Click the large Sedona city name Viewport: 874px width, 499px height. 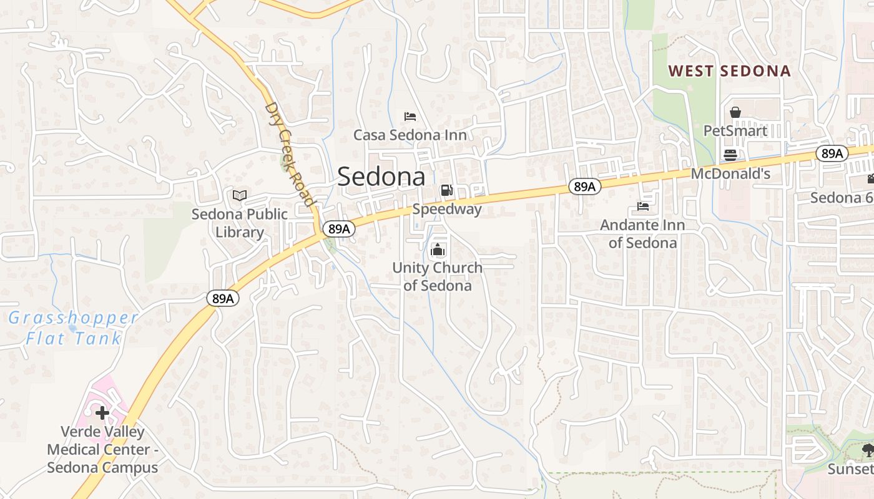pyautogui.click(x=381, y=177)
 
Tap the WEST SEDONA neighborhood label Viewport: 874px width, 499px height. pyautogui.click(x=729, y=71)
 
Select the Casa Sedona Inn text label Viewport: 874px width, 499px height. pyautogui.click(x=410, y=135)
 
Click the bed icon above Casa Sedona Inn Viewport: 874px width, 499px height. pyautogui.click(x=410, y=116)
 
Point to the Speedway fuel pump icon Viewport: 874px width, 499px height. pyautogui.click(x=446, y=190)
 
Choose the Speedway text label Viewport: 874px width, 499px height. pyautogui.click(x=447, y=209)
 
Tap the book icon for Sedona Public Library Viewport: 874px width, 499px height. pyautogui.click(x=240, y=196)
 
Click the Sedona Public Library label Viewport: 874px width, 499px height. pyautogui.click(x=240, y=223)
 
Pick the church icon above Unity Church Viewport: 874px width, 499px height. pyautogui.click(x=438, y=250)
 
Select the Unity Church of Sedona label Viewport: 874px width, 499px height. pyautogui.click(x=438, y=276)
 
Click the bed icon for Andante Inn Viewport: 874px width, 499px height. pyautogui.click(x=643, y=206)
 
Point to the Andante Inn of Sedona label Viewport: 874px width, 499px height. pyautogui.click(x=642, y=234)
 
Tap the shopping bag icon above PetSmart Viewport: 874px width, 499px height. pyautogui.click(x=735, y=112)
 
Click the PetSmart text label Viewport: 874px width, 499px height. pyautogui.click(x=735, y=131)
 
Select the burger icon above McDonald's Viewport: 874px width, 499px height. pyautogui.click(x=730, y=155)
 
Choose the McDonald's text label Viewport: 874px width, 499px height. pyautogui.click(x=730, y=174)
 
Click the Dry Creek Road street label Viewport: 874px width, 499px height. pyautogui.click(x=288, y=153)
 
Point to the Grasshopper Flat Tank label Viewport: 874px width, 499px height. pyautogui.click(x=74, y=328)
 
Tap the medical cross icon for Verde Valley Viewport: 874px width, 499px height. pyautogui.click(x=102, y=413)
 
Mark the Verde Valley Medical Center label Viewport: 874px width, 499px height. pyautogui.click(x=102, y=449)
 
